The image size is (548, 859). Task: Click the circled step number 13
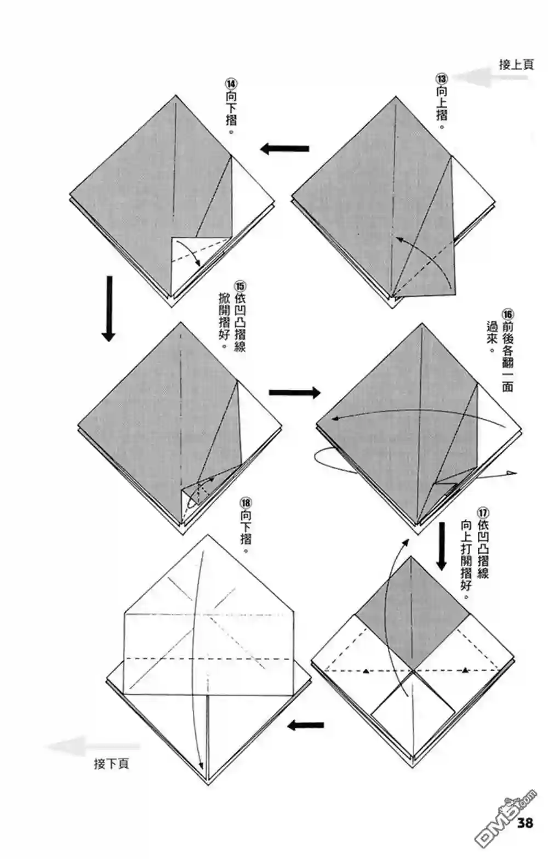(x=441, y=79)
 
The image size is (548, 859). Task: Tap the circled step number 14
(x=231, y=84)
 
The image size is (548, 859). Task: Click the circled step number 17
(x=483, y=513)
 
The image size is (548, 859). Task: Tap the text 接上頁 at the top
(x=516, y=64)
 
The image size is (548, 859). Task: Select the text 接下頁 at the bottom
(x=112, y=764)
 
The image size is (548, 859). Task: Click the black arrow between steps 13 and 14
(x=284, y=149)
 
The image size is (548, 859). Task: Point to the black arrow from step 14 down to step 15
(x=109, y=309)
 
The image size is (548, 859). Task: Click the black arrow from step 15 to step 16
(x=294, y=392)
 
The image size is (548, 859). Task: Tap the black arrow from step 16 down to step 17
(x=442, y=547)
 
